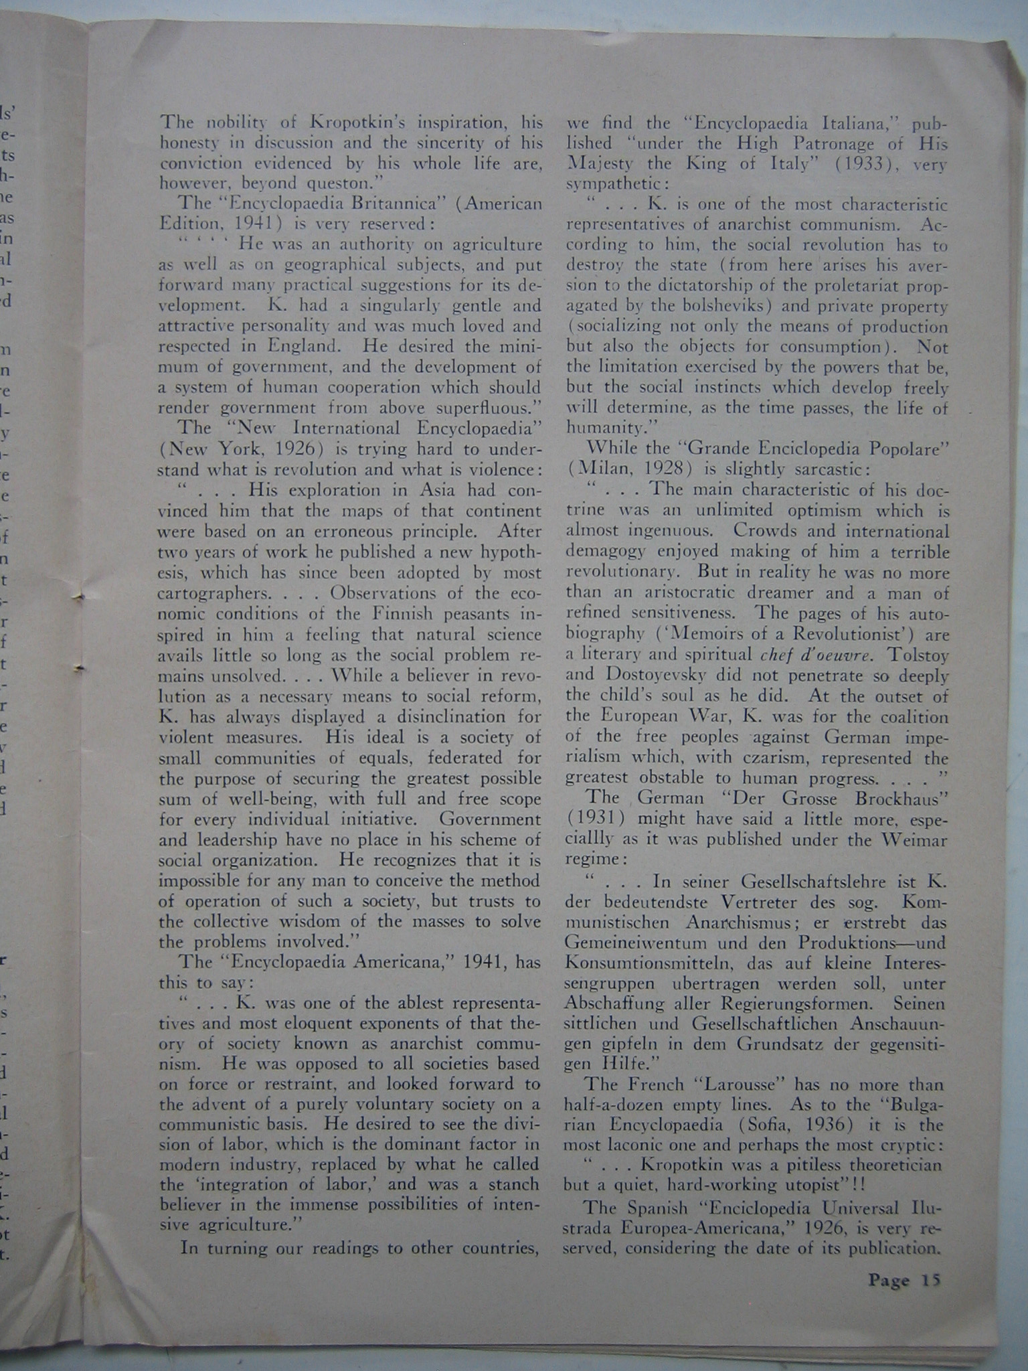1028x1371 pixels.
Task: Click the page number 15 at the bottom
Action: [x=930, y=1280]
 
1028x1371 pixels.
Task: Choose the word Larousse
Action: [x=734, y=1084]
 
